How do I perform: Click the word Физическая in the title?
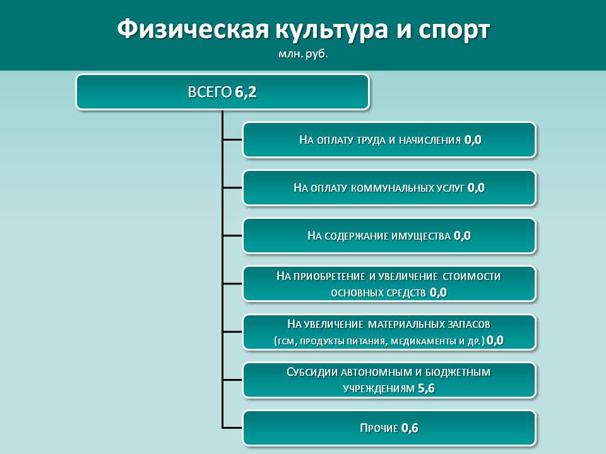click(193, 30)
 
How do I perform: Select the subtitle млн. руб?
click(303, 54)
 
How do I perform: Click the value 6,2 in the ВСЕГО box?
click(246, 92)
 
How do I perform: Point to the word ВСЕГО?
click(210, 92)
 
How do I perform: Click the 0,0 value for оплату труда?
click(473, 140)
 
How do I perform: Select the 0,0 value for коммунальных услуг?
click(476, 188)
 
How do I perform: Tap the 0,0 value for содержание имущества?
click(462, 235)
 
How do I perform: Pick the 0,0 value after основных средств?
click(438, 292)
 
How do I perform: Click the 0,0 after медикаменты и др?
click(495, 340)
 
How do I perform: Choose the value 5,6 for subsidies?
click(426, 388)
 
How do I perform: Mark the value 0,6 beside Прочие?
click(410, 428)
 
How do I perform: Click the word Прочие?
click(379, 428)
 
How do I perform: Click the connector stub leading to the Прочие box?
click(232, 428)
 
